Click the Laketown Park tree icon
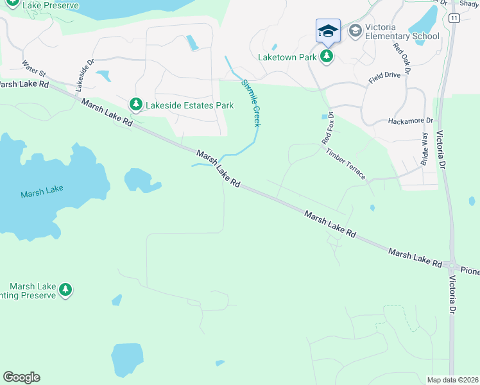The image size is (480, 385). click(327, 56)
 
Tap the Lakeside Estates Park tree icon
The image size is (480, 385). click(135, 103)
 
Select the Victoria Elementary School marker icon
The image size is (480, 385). click(355, 30)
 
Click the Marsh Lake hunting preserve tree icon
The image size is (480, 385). click(65, 291)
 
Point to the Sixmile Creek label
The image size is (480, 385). click(251, 103)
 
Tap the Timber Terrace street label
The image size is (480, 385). click(346, 164)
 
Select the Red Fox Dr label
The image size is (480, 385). click(328, 128)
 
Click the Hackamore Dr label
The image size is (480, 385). click(411, 120)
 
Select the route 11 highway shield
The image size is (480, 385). click(454, 19)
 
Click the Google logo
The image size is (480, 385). click(21, 377)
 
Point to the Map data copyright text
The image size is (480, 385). click(452, 380)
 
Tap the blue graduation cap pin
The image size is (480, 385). click(327, 31)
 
